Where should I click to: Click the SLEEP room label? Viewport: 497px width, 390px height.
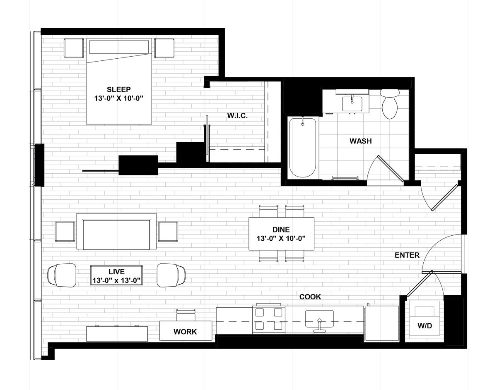(x=119, y=89)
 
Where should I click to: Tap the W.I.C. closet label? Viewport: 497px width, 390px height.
(x=237, y=116)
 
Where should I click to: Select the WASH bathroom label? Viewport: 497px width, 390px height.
(x=360, y=141)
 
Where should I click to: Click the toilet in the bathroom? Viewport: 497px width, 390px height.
(x=389, y=104)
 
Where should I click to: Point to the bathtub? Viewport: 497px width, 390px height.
(x=302, y=148)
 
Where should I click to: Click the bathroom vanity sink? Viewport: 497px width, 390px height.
(x=352, y=104)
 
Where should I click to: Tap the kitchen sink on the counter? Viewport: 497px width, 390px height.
(x=319, y=319)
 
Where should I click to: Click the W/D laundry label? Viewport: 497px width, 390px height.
(x=425, y=326)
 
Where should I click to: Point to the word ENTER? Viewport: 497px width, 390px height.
(x=407, y=255)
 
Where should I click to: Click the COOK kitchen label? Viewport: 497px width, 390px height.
(x=310, y=297)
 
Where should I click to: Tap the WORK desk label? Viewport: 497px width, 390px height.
(x=185, y=332)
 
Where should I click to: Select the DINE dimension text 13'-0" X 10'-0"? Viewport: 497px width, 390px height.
(x=281, y=239)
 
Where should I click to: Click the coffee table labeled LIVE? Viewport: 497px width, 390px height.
(x=116, y=275)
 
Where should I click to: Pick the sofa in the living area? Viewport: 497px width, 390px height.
(x=116, y=232)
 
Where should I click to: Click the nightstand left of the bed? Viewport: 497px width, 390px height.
(x=73, y=48)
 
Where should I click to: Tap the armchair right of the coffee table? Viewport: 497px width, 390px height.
(x=171, y=275)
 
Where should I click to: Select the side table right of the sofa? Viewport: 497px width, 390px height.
(x=168, y=232)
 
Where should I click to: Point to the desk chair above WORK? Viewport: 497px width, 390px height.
(x=186, y=315)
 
